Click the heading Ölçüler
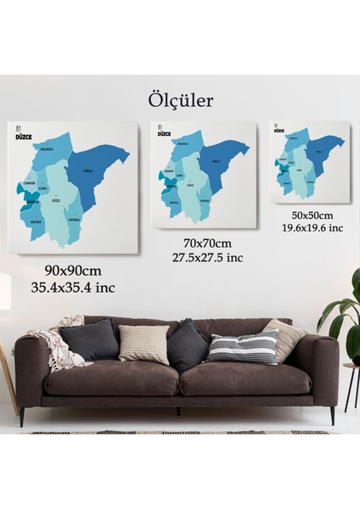[180, 100]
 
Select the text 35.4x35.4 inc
[73, 287]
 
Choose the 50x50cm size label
[312, 215]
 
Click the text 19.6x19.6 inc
[312, 227]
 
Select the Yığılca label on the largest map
[87, 169]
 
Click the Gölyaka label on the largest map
[37, 221]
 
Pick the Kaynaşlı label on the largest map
[73, 216]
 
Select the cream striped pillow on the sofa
[144, 344]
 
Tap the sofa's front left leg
[23, 416]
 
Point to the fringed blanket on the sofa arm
[58, 345]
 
